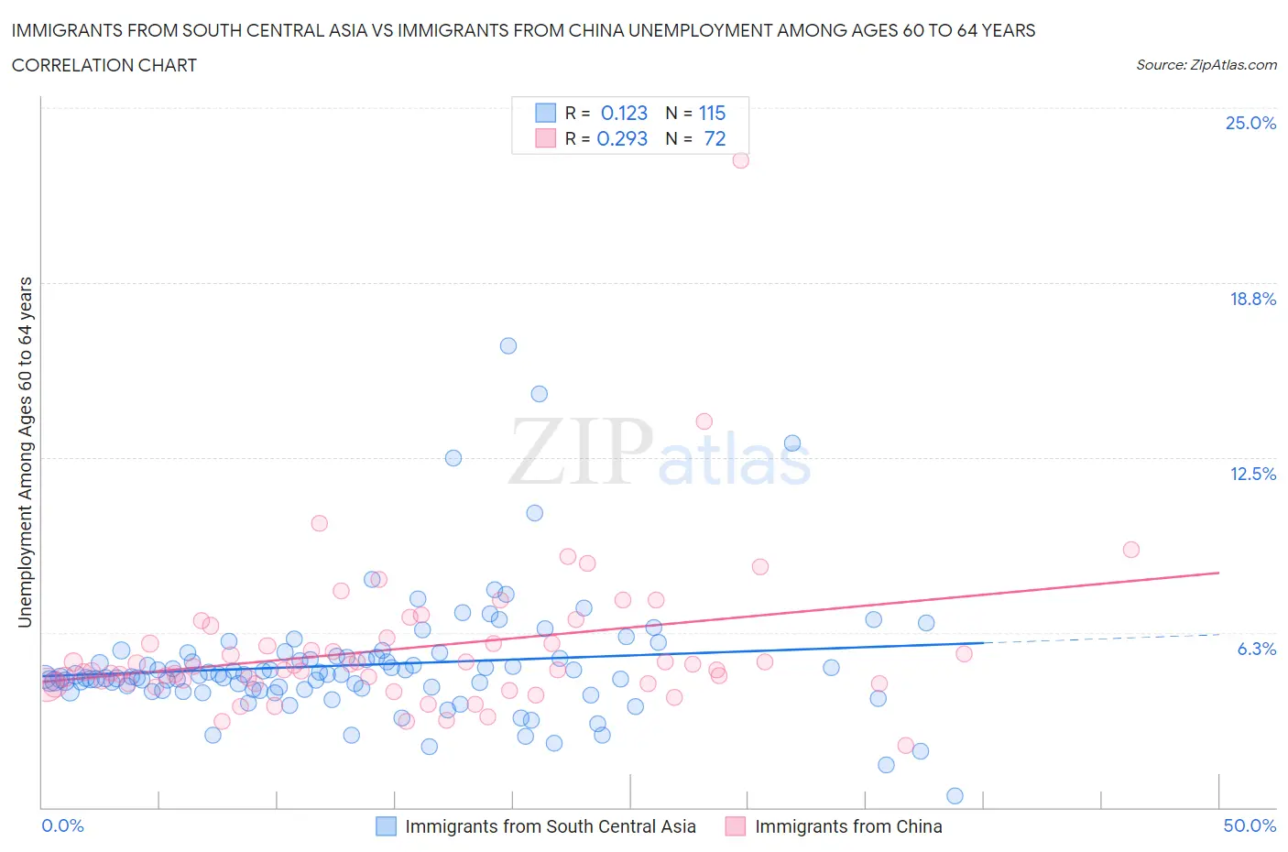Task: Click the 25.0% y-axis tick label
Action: (x=1250, y=123)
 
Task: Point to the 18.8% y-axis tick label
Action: (x=1252, y=299)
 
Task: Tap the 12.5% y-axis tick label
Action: (x=1252, y=474)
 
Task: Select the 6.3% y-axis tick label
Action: (x=1256, y=649)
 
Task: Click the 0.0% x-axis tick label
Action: (x=62, y=825)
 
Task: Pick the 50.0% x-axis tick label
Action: (x=1250, y=825)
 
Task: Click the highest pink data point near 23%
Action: (x=740, y=160)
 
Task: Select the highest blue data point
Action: (x=508, y=345)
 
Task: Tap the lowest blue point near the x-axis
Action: (x=955, y=795)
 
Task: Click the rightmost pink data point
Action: (x=1130, y=550)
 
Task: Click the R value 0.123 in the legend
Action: (x=624, y=113)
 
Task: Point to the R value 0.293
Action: (x=622, y=138)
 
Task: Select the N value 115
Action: (x=712, y=113)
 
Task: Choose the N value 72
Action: (x=715, y=138)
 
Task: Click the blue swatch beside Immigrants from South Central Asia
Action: (x=387, y=826)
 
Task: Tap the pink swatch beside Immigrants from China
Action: (x=735, y=826)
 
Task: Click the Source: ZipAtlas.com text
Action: (x=1206, y=64)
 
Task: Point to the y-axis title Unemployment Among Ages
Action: (x=25, y=452)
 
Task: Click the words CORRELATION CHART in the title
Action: (x=104, y=65)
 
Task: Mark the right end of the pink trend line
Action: (x=1218, y=573)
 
